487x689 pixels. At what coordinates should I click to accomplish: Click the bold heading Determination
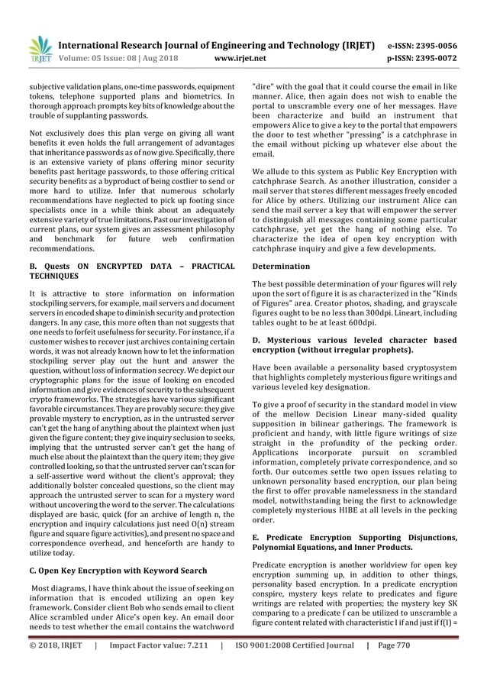pos(281,266)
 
